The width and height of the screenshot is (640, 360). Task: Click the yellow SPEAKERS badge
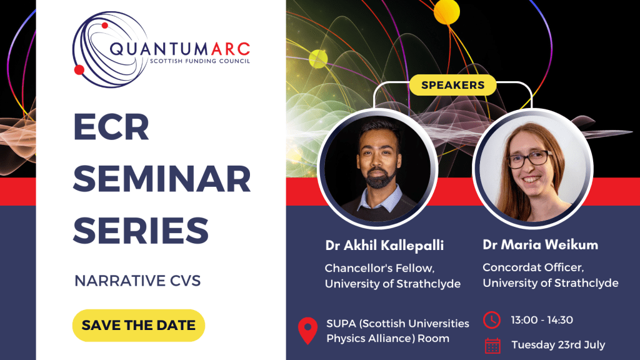452,85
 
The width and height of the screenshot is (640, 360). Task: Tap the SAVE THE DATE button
138,325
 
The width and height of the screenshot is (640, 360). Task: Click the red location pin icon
307,331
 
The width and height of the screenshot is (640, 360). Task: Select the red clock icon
492,320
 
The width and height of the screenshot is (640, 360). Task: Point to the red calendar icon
492,345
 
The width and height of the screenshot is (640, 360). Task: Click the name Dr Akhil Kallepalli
384,245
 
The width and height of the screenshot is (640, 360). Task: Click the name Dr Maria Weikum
541,244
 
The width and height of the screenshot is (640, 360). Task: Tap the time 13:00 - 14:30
542,320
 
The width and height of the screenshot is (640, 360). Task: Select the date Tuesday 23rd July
558,345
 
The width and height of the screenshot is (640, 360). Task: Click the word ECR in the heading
111,127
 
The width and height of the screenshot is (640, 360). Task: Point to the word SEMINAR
162,179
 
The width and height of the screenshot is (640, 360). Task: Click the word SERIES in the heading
141,231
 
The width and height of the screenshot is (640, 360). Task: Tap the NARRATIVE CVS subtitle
137,281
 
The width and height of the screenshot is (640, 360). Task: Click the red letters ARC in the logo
231,49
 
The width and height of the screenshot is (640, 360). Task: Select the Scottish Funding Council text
199,61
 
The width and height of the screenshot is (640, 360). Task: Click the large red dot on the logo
79,70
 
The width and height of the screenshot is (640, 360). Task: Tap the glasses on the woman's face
529,159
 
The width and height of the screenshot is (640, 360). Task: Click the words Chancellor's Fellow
379,268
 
